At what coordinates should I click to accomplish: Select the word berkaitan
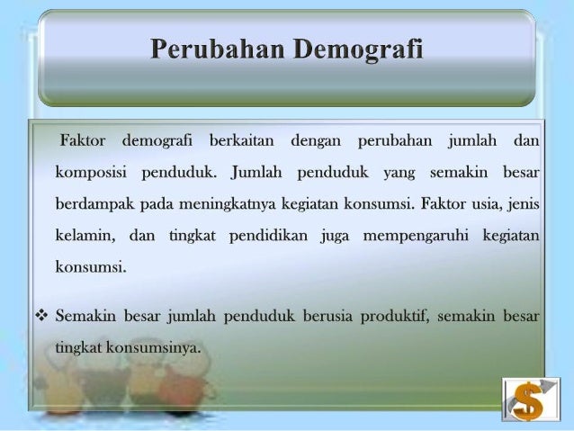(x=243, y=142)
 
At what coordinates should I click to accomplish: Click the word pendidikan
(x=270, y=235)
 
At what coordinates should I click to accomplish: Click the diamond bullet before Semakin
(x=40, y=317)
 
